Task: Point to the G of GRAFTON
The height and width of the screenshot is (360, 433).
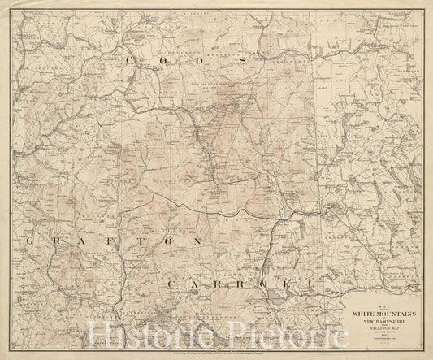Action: click(x=32, y=242)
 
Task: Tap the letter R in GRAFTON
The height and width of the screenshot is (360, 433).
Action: click(x=58, y=242)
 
